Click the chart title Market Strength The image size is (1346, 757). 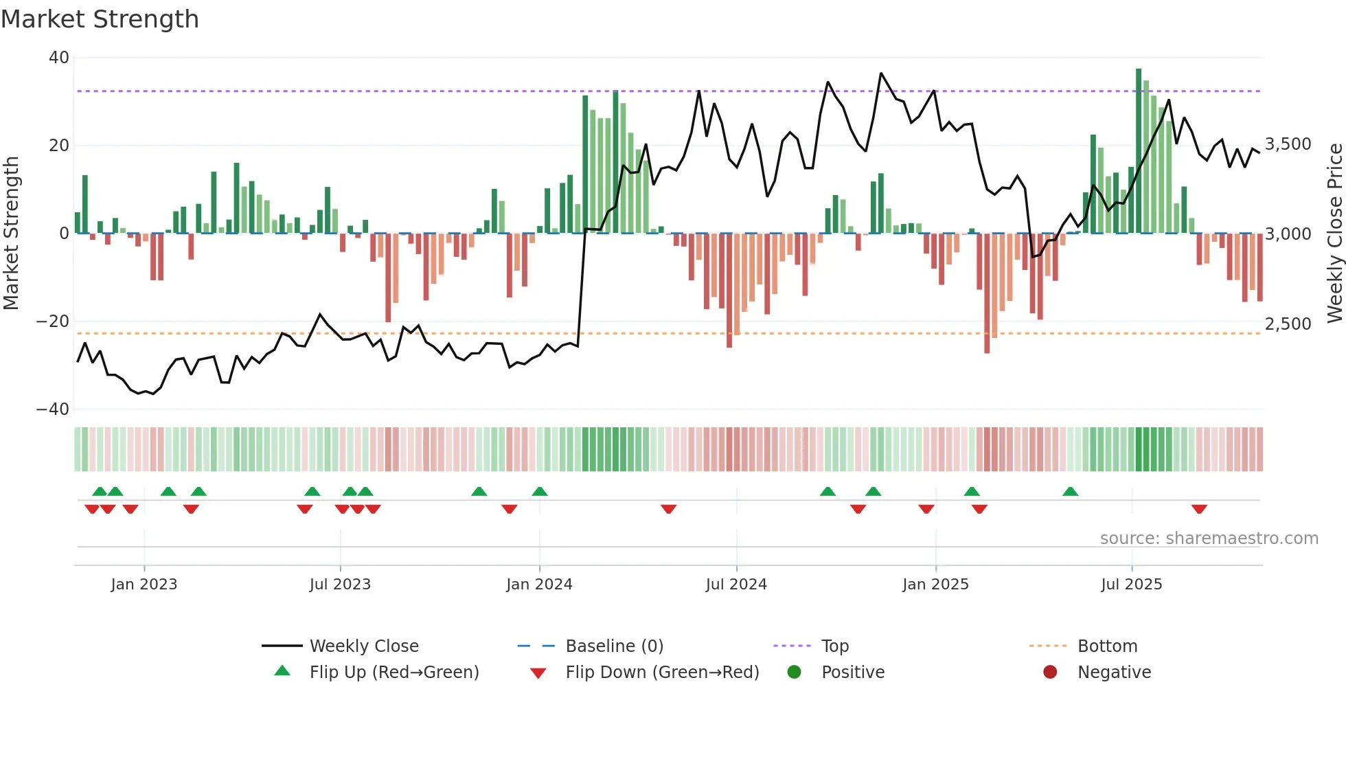(x=100, y=19)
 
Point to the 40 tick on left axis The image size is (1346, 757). (x=59, y=58)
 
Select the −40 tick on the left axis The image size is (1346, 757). (x=53, y=409)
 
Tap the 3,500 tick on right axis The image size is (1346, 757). (x=1288, y=144)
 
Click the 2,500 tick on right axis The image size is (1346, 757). (x=1288, y=324)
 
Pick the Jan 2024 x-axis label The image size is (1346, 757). (x=539, y=585)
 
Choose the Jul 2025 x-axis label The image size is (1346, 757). (x=1131, y=585)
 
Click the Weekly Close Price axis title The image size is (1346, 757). (x=1334, y=234)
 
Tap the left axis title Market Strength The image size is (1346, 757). (x=12, y=234)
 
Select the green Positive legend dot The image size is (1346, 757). (x=795, y=673)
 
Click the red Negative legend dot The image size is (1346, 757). (x=1050, y=673)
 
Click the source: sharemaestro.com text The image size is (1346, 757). (x=1209, y=539)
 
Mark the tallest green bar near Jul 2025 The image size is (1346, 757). (x=1139, y=151)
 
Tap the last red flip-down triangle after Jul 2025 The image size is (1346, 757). (x=1199, y=509)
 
